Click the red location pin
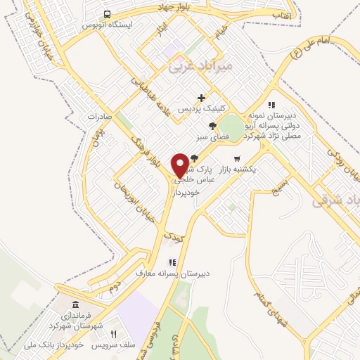tap(180, 165)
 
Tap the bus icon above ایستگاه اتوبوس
tap(106, 14)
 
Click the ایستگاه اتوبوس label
tap(106, 24)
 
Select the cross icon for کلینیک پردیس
tap(202, 98)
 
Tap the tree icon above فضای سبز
tap(212, 126)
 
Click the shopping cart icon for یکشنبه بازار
tap(237, 158)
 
